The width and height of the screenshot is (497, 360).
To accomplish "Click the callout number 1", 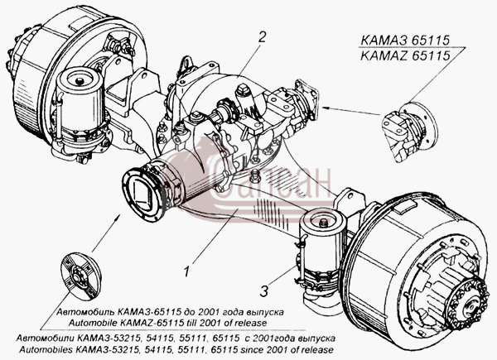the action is coord(187,271).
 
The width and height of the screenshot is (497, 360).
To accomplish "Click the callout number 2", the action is coord(262,37).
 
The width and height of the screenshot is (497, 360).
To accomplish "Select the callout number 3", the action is coord(264,291).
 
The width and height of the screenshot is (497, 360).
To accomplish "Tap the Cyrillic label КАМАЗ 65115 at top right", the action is coord(405,41).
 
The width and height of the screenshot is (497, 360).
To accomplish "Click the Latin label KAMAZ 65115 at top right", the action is coord(405,55).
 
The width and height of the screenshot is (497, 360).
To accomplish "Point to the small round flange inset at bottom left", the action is coord(81,276).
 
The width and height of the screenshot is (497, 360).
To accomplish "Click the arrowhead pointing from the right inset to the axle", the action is coord(326,108).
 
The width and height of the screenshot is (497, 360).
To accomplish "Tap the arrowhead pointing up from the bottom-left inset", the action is coord(118,217).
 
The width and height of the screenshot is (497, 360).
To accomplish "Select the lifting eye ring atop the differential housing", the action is coord(186,64).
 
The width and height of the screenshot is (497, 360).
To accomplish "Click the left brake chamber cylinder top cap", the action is coord(80,78).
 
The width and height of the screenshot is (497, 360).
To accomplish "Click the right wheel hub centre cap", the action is coord(469,306).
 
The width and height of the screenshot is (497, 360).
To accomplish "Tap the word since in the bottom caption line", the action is coord(251,350).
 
